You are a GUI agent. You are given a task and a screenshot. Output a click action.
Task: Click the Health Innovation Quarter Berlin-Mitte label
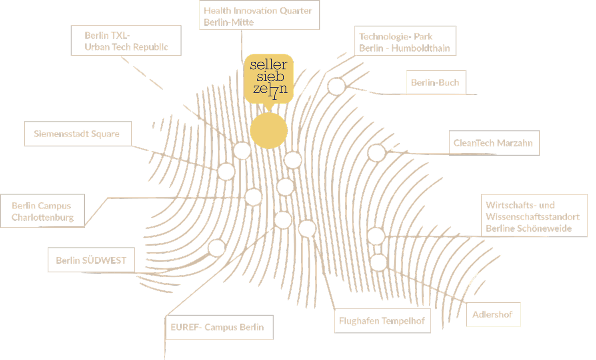tap(260, 15)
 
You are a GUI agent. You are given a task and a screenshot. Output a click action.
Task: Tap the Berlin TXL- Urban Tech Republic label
tap(126, 41)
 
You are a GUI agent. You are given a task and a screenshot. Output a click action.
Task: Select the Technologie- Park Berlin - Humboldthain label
tap(405, 41)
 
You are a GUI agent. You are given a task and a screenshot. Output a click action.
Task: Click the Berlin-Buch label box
tap(436, 82)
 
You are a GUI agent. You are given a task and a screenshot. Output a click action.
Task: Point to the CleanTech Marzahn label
tap(494, 143)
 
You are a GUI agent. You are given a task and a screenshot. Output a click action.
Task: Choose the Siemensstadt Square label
tap(78, 134)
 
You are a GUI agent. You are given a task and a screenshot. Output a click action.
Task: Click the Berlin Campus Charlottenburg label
tap(42, 211)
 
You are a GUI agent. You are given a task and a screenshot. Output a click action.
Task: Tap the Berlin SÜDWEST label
tap(91, 260)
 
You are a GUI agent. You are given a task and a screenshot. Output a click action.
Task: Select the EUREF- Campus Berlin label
tap(219, 327)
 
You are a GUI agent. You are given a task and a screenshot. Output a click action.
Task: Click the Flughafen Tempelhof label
tap(383, 321)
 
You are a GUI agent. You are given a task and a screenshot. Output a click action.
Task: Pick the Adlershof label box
tap(493, 314)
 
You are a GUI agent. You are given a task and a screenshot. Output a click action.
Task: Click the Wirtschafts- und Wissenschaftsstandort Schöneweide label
tap(534, 216)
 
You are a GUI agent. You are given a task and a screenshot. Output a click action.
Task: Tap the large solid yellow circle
tap(269, 130)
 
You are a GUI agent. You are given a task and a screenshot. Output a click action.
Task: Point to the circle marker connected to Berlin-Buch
tap(336, 86)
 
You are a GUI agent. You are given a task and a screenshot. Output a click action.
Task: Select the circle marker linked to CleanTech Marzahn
tap(376, 153)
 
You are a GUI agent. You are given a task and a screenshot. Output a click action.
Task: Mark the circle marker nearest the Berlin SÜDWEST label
tap(217, 248)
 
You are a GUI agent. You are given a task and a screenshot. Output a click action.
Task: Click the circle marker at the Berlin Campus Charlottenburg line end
tap(253, 197)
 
